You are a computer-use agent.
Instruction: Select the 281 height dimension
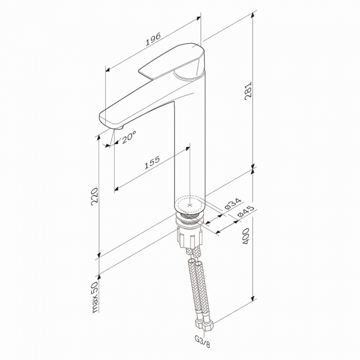[248, 91]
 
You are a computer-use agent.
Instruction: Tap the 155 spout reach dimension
[152, 162]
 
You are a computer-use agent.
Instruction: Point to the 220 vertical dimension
[94, 195]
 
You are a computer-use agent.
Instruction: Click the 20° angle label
[129, 137]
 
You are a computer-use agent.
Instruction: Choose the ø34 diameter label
[233, 203]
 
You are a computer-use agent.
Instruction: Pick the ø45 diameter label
[246, 211]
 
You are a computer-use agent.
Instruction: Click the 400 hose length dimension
[246, 236]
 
